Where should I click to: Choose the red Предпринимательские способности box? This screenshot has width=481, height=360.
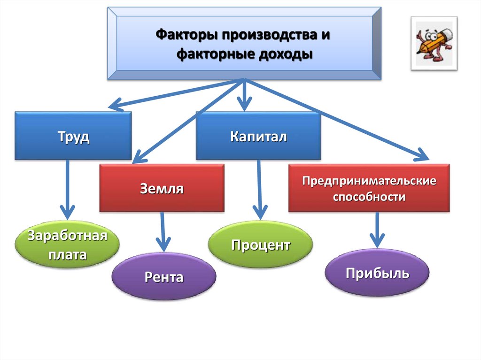click(x=369, y=188)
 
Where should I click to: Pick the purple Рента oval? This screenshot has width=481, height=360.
click(x=164, y=277)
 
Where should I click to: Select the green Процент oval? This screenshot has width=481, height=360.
click(x=260, y=245)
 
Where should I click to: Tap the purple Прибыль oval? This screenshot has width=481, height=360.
click(x=377, y=273)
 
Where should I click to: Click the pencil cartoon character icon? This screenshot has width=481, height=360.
click(x=434, y=43)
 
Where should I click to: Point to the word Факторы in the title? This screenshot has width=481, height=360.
click(x=184, y=36)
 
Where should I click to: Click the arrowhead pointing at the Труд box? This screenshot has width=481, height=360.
click(x=116, y=104)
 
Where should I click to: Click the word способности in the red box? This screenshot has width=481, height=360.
click(x=369, y=196)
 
